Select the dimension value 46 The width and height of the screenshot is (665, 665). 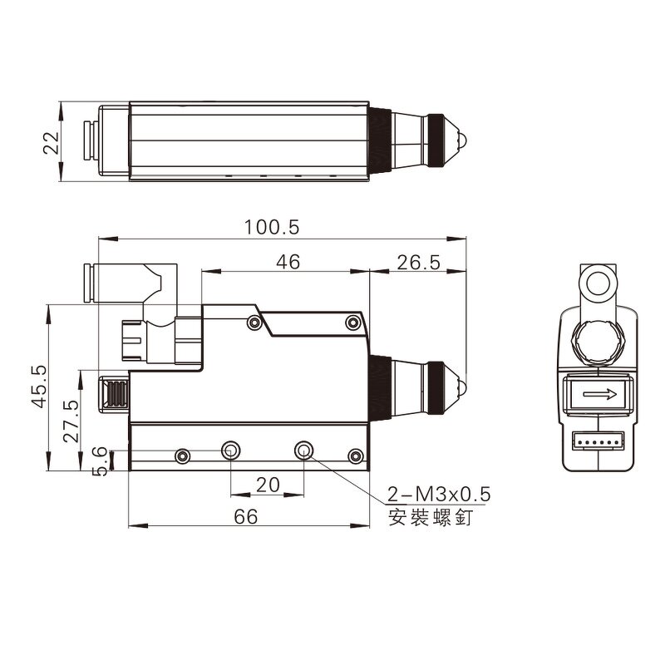[x=288, y=262]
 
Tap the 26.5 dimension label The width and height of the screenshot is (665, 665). [x=417, y=262]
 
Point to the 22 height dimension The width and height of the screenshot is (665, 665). [x=52, y=142]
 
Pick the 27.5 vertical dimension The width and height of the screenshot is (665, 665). [x=72, y=421]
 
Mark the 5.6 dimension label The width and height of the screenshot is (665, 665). [x=99, y=461]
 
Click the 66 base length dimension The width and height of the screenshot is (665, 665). [x=245, y=516]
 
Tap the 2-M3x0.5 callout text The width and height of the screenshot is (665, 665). [x=439, y=495]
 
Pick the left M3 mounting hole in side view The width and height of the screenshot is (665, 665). [x=230, y=451]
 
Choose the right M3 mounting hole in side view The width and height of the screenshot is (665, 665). [x=305, y=451]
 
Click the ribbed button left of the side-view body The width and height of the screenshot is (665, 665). [x=114, y=393]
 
